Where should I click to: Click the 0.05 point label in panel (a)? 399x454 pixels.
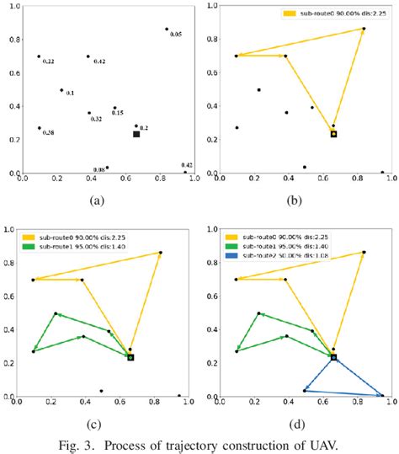[x=175, y=35]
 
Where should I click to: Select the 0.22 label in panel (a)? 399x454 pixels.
[x=49, y=62]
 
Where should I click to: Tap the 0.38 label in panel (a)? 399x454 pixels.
[x=48, y=133]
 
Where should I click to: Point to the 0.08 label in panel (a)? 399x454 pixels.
[x=99, y=170]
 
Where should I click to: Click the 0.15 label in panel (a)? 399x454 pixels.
[x=118, y=113]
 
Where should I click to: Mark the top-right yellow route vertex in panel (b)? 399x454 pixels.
[x=364, y=29]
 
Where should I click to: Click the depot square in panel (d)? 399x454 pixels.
[x=333, y=357]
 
